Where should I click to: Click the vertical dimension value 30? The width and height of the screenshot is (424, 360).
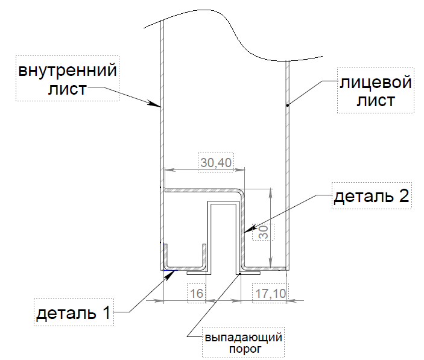click(x=263, y=232)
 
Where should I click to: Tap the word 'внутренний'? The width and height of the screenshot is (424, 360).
click(x=67, y=71)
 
